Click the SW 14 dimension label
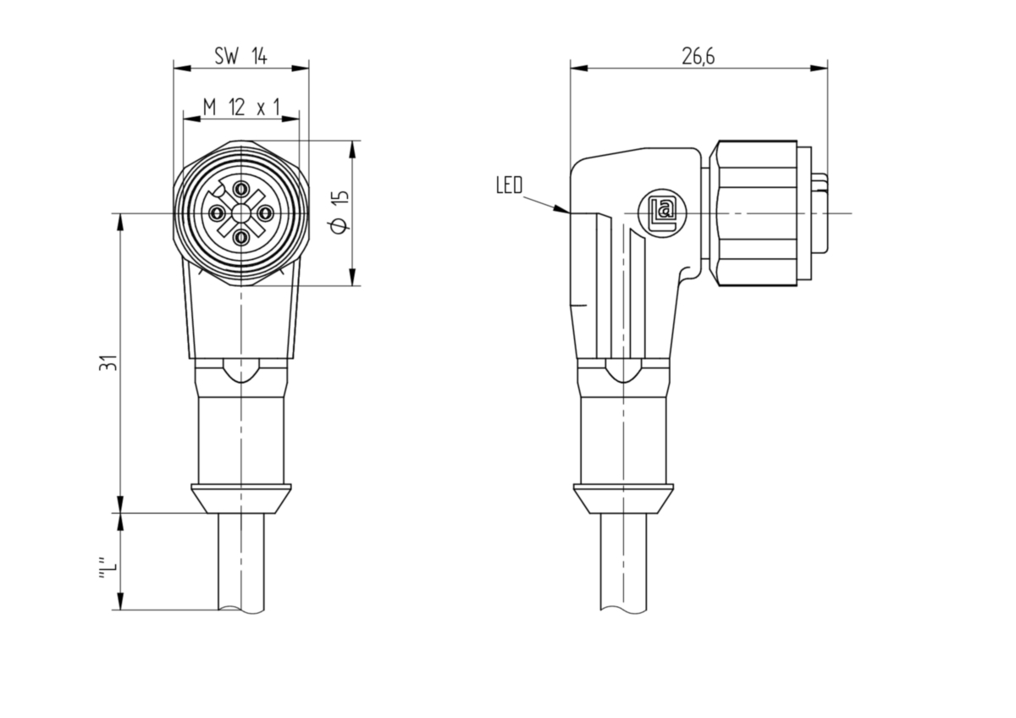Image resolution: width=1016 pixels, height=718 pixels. coord(240,56)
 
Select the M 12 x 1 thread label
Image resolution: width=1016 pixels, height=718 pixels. coord(240,108)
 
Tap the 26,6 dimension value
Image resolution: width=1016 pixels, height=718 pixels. coord(698,57)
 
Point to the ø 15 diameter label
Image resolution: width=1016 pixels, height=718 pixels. coord(340,213)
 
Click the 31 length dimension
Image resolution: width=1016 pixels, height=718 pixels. coord(108,363)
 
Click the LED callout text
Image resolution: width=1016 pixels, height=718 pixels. coord(510,185)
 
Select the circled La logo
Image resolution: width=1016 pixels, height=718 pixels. coord(662,213)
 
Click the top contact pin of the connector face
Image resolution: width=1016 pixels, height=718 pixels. coord(241,188)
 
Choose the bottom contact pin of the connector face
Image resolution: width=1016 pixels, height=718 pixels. coord(241,236)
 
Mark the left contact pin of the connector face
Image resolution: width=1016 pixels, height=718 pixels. coord(217,213)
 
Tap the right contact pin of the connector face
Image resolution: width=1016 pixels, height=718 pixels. coord(265,213)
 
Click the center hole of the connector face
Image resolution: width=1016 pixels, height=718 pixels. coord(241,213)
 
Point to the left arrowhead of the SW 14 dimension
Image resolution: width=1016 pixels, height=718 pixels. coord(182,69)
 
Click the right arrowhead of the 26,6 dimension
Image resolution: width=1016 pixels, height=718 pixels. coord(819,69)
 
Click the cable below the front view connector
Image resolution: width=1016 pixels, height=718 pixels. coord(241,562)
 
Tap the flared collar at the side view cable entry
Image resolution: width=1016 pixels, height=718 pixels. coord(624,499)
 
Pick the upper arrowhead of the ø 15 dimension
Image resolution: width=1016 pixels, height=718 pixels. coord(352,149)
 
